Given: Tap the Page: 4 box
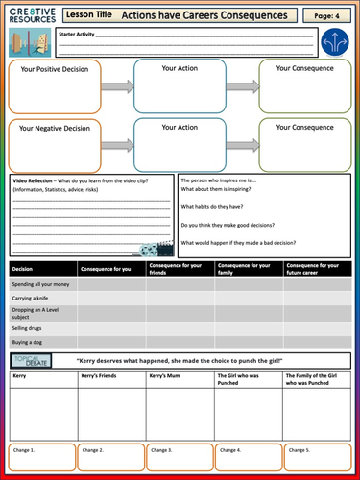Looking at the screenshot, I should click(x=327, y=16).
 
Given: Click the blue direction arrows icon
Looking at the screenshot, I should click(x=335, y=41).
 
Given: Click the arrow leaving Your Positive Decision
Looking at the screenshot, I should click(x=116, y=85).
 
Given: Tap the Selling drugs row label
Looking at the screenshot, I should click(x=31, y=326).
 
